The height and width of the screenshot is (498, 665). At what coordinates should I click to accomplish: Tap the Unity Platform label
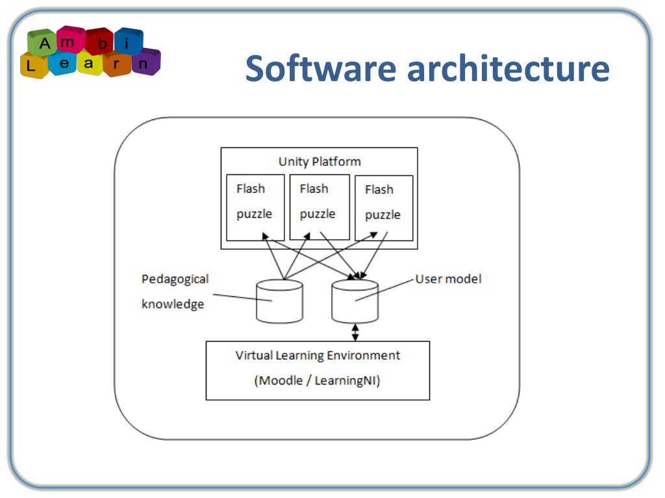tap(319, 161)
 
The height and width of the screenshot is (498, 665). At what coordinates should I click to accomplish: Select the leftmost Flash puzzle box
tap(255, 207)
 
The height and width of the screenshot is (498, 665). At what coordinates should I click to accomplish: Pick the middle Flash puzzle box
tap(319, 207)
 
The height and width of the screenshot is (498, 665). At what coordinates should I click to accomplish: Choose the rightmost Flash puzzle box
tap(383, 207)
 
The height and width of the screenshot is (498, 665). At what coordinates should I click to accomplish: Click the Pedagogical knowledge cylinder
tap(279, 302)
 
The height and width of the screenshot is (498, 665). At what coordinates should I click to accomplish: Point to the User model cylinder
tap(355, 302)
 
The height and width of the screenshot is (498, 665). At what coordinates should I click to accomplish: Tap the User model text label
tap(448, 279)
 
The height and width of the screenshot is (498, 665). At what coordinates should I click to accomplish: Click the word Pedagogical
tap(175, 279)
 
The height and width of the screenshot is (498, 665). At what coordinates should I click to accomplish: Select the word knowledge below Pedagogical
tap(173, 304)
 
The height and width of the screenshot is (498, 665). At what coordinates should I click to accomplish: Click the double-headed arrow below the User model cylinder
tap(355, 332)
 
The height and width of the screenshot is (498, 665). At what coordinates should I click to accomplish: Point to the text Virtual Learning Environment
tap(318, 355)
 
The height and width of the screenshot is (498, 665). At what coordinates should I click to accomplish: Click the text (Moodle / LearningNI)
tap(317, 381)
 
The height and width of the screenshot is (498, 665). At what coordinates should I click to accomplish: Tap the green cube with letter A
tap(44, 44)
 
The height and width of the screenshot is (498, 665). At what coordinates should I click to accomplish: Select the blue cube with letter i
tap(127, 42)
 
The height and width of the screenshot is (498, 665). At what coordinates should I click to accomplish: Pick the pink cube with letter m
tap(71, 39)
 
